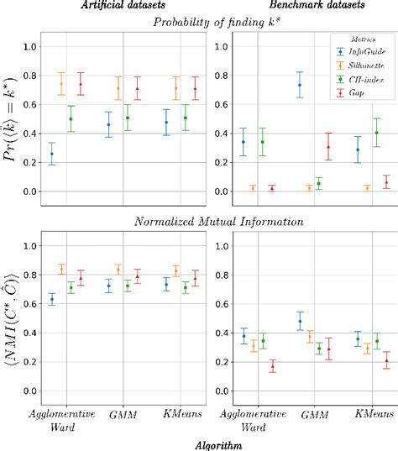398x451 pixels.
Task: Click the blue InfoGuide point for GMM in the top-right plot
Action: coord(300,85)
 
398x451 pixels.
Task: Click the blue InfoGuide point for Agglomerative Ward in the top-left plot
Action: coord(52,154)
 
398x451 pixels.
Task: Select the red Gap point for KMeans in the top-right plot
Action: coord(386,182)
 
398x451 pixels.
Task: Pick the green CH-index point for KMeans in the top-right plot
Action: coord(376,133)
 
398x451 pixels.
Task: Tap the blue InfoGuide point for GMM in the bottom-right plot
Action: coord(300,321)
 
